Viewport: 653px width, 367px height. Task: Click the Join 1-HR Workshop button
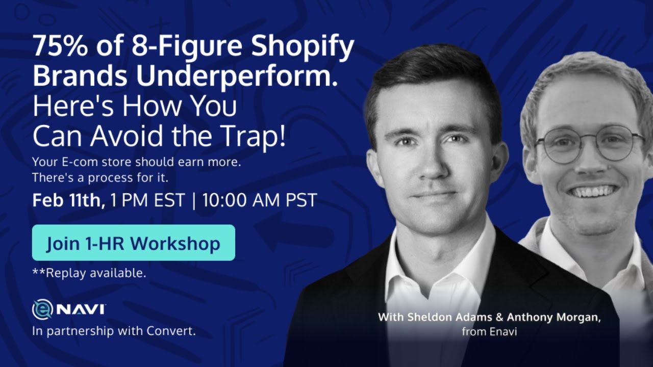[133, 243]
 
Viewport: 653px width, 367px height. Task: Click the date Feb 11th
[68, 200]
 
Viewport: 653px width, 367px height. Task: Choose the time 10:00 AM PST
[260, 200]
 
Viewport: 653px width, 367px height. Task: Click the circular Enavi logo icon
[42, 309]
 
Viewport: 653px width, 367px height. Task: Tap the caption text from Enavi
[489, 332]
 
